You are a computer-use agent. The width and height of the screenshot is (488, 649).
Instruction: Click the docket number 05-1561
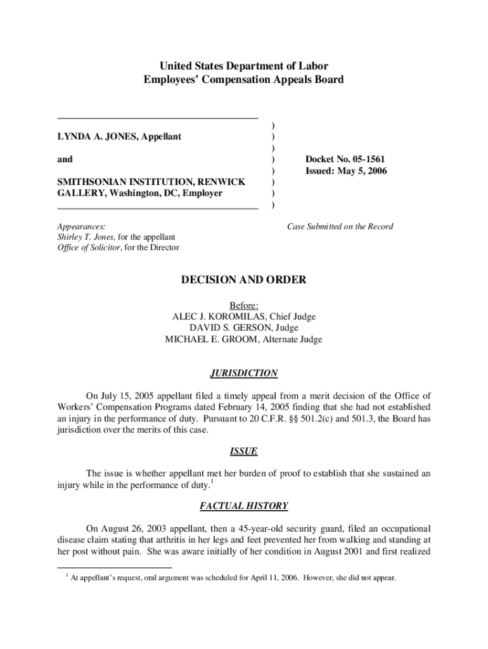(x=362, y=159)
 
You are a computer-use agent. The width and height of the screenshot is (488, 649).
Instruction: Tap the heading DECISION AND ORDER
(x=244, y=280)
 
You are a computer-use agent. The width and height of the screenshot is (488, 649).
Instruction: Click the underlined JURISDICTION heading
(x=244, y=373)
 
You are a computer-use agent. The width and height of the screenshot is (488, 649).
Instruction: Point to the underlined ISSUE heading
(x=244, y=451)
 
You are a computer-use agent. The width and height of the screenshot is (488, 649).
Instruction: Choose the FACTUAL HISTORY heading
(x=244, y=506)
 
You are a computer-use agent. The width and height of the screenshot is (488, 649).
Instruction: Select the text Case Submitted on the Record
(x=340, y=226)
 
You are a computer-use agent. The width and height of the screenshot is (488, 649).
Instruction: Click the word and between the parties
(x=65, y=159)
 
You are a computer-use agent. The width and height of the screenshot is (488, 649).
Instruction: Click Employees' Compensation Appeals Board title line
(x=244, y=80)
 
